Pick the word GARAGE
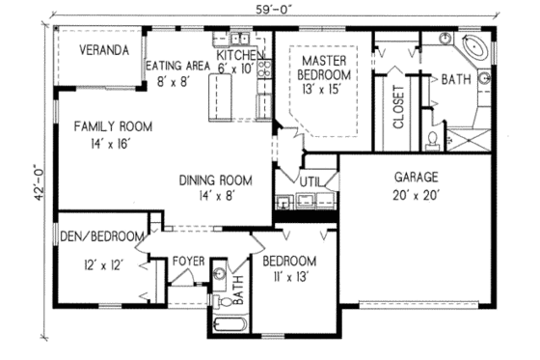pos(417,178)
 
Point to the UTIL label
pos(310,180)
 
